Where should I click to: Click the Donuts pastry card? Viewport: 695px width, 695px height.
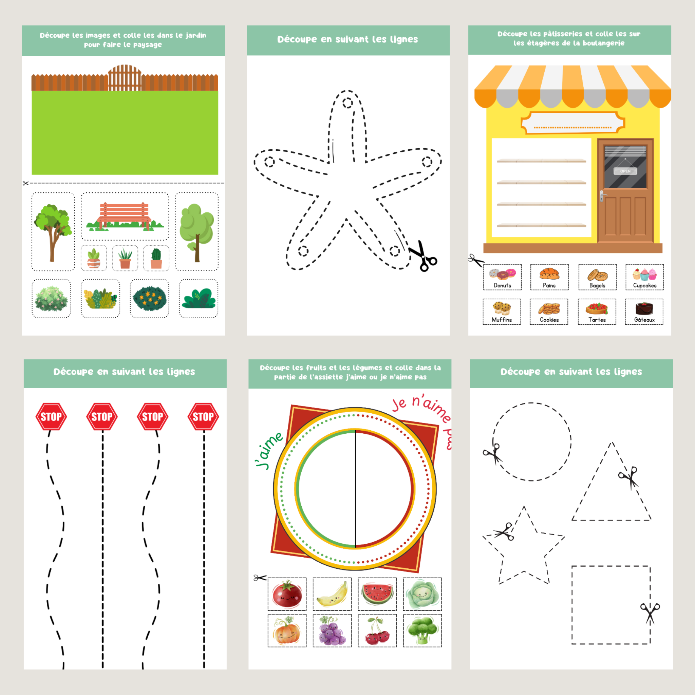click(502, 277)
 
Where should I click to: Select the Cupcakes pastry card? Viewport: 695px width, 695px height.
click(645, 277)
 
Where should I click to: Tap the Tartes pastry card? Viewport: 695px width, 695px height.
click(597, 312)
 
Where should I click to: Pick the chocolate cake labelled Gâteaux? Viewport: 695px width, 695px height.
click(644, 308)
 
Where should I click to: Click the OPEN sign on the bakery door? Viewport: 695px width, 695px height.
click(625, 171)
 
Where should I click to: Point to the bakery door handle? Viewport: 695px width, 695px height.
click(603, 196)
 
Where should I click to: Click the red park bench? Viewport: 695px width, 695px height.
click(125, 216)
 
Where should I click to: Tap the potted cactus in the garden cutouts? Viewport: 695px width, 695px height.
click(156, 258)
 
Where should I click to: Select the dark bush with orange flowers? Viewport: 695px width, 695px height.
click(149, 299)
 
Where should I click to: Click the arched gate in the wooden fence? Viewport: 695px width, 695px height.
click(125, 78)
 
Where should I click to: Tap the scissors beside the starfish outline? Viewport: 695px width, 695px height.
click(424, 256)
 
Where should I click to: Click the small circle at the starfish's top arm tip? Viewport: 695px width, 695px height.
click(347, 103)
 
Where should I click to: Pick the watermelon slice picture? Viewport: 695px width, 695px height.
click(377, 594)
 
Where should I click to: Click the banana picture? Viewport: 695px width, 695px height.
click(332, 594)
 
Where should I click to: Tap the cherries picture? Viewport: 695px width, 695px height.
click(377, 631)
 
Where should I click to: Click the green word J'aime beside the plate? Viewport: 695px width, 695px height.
click(269, 450)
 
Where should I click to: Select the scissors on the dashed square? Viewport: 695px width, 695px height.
click(650, 614)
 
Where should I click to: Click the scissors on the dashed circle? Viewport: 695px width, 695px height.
click(493, 454)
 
